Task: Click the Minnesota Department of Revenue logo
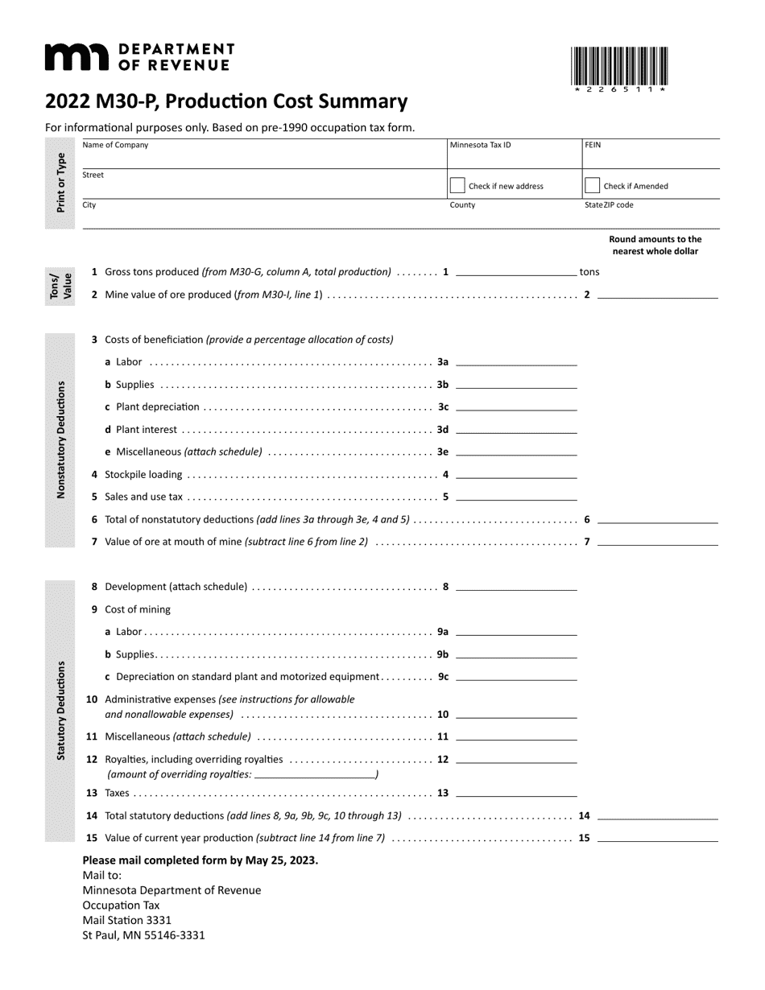pos(139,57)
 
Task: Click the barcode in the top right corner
pos(619,66)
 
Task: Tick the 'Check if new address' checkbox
pos(457,186)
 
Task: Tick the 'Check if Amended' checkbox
pos(592,186)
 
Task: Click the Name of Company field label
pos(115,146)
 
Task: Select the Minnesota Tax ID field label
pos(480,146)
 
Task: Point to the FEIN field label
pos(593,146)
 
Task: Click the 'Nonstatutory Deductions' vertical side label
pos(60,439)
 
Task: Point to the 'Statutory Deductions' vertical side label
pos(60,710)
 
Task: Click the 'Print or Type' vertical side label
pos(60,182)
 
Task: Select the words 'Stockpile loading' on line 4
pos(143,475)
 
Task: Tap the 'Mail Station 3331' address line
pos(126,920)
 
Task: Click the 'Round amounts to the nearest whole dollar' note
pos(655,245)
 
